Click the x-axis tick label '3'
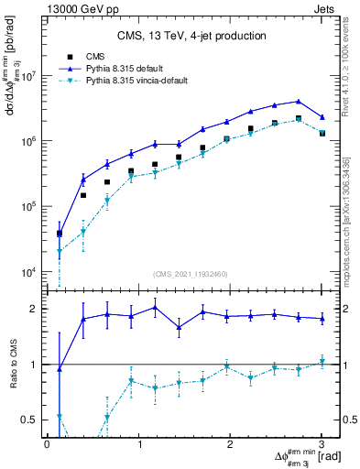322,444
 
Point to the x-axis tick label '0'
47,444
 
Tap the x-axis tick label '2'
230,444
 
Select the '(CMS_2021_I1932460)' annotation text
191,274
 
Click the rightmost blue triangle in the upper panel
322,117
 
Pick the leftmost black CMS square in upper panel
60,234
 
